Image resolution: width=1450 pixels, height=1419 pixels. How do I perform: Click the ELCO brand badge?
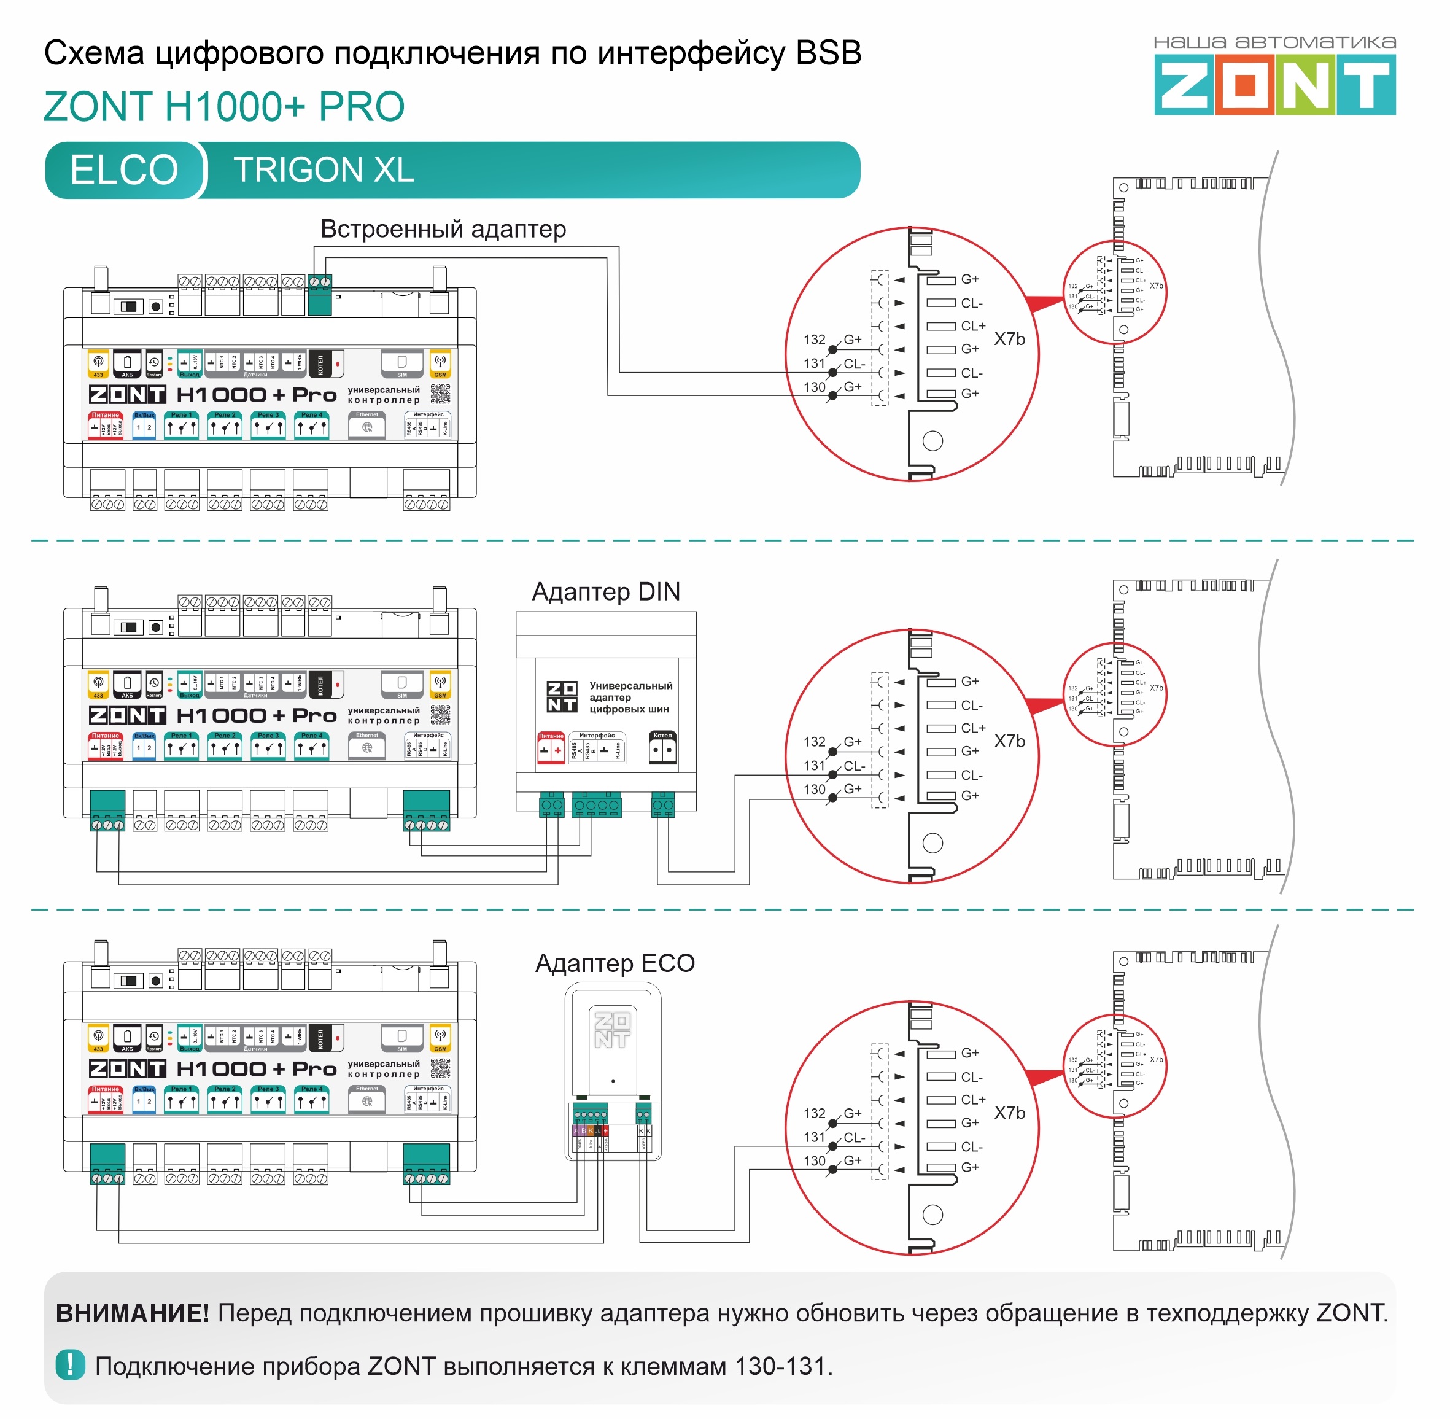point(125,170)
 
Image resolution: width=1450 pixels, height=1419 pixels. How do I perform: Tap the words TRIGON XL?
point(324,170)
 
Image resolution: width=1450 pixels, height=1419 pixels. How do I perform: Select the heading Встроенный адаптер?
point(443,229)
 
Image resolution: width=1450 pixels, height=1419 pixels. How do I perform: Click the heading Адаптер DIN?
point(605,592)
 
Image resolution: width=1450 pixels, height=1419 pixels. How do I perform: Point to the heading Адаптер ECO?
point(615,963)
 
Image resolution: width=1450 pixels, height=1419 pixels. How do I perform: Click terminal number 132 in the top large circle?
point(815,340)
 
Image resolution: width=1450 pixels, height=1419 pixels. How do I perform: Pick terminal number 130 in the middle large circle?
point(815,789)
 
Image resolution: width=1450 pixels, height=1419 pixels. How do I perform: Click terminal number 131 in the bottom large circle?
point(815,1137)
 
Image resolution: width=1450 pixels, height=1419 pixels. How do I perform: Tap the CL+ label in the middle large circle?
point(973,728)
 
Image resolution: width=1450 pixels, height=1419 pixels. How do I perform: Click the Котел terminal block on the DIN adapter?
point(662,805)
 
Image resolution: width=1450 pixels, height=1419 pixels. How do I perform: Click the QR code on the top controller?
point(440,394)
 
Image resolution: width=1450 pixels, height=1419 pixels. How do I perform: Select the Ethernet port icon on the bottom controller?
point(367,1101)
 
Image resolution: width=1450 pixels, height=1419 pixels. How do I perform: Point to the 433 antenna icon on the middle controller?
point(98,683)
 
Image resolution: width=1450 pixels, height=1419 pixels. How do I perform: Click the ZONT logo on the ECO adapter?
point(612,1029)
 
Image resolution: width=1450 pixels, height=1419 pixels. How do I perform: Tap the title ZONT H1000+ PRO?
point(224,107)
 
